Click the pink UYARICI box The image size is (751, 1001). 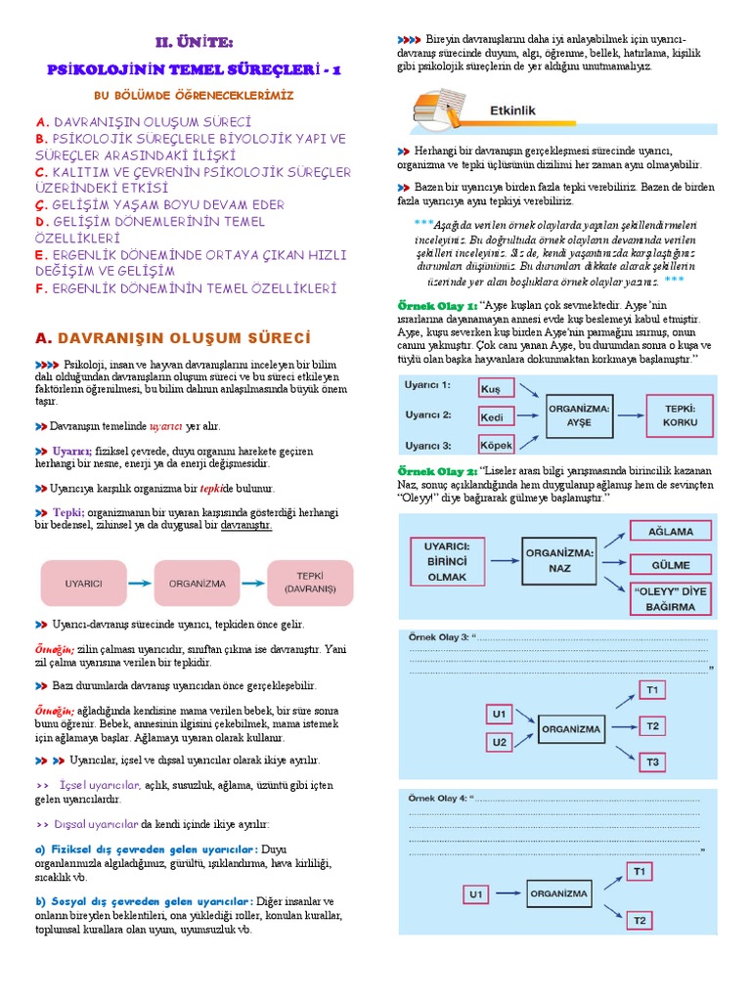click(83, 583)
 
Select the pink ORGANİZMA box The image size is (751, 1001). click(198, 583)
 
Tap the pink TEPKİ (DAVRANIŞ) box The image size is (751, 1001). click(310, 583)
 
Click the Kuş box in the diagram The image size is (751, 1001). click(496, 388)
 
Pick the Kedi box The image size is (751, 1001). click(496, 416)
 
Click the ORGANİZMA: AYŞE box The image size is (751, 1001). click(581, 415)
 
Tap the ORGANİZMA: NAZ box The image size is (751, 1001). click(560, 559)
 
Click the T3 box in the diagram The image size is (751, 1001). click(653, 762)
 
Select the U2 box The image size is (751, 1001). click(500, 742)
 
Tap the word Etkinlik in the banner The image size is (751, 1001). click(512, 111)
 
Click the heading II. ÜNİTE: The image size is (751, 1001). click(196, 42)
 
